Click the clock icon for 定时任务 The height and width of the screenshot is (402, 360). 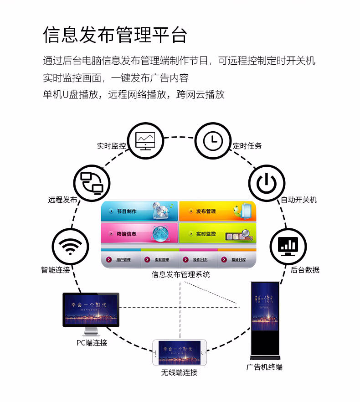tap(213, 140)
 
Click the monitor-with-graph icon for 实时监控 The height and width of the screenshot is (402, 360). tap(145, 140)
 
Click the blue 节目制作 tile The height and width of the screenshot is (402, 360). tap(139, 211)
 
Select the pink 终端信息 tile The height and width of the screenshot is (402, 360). tap(139, 234)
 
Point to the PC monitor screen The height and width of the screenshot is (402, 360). tap(91, 309)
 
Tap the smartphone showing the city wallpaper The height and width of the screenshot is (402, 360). tap(180, 352)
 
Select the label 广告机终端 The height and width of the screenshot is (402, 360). tap(264, 367)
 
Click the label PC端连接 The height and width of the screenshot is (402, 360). tap(92, 343)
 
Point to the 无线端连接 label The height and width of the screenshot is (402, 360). tap(179, 372)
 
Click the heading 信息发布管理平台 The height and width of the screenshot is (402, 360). tap(115, 35)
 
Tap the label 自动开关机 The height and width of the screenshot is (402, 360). tap(298, 200)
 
